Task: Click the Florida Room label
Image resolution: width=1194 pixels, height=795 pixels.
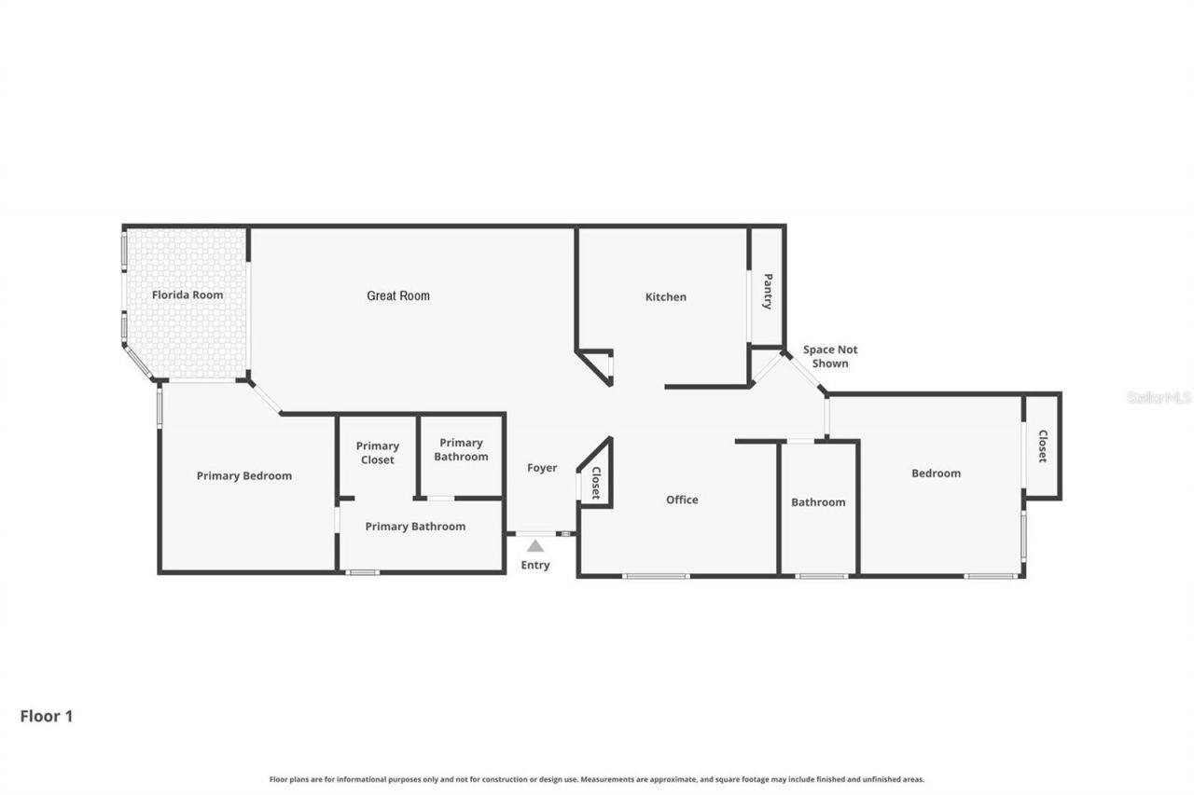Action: (187, 295)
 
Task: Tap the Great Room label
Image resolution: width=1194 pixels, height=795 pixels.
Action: (398, 295)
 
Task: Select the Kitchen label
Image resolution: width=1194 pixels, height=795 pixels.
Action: (666, 297)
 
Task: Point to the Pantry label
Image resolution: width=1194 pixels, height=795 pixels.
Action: (768, 291)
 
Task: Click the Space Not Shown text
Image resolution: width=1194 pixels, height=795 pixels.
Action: (830, 356)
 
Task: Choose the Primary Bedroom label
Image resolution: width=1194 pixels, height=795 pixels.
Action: (244, 475)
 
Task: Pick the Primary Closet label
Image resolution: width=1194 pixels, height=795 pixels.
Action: (378, 453)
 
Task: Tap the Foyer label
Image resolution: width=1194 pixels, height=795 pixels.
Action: (542, 468)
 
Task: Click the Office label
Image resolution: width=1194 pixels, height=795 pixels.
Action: (682, 500)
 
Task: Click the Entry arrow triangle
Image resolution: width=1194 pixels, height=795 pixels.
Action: (535, 546)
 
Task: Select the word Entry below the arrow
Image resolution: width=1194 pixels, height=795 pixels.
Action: (535, 565)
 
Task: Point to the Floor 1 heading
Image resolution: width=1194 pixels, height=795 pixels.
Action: (47, 716)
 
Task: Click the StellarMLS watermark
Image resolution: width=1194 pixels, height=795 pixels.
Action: (1159, 397)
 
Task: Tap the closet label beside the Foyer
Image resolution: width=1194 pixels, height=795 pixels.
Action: (595, 484)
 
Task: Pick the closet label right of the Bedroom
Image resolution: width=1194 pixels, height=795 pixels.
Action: (1042, 446)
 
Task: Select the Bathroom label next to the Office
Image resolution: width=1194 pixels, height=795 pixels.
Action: (818, 502)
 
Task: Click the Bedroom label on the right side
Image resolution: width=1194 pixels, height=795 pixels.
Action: (936, 473)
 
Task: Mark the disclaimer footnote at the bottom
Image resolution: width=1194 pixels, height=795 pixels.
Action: (597, 779)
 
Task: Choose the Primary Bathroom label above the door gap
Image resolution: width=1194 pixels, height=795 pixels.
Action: (461, 449)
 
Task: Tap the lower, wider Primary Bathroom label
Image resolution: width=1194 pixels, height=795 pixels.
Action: (415, 527)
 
